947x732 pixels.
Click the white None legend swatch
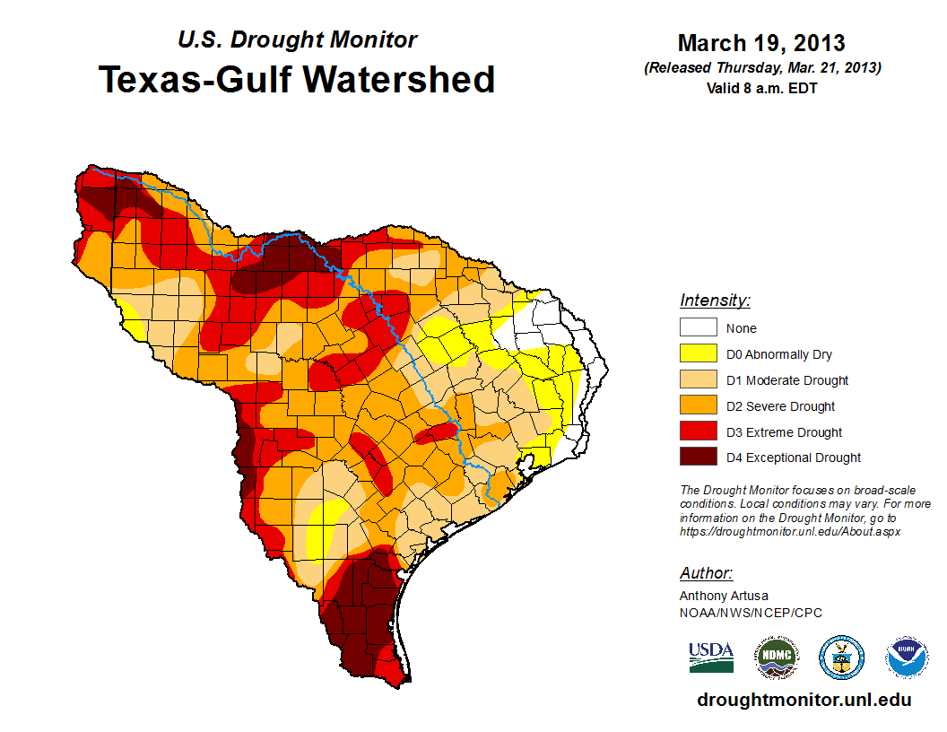tap(698, 328)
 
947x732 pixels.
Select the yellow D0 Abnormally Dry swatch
tap(698, 354)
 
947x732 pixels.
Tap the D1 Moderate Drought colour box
tap(698, 380)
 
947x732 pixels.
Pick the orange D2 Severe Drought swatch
tap(698, 406)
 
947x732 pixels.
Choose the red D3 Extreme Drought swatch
tap(698, 432)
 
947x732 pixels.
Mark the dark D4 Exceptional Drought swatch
tap(698, 457)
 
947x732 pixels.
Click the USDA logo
tap(711, 657)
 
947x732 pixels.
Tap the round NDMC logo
tap(776, 658)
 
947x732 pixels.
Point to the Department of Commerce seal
tap(842, 658)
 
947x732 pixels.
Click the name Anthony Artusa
tap(724, 596)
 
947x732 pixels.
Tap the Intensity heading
tap(715, 301)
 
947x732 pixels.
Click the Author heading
tap(706, 573)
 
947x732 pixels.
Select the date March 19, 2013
tap(761, 43)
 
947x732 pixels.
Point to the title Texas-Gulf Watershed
tap(297, 79)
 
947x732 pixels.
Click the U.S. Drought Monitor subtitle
tap(297, 39)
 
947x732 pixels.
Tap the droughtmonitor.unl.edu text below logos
tap(804, 701)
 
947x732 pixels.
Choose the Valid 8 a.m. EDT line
tap(761, 88)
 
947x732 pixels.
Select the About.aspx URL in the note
tap(789, 531)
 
